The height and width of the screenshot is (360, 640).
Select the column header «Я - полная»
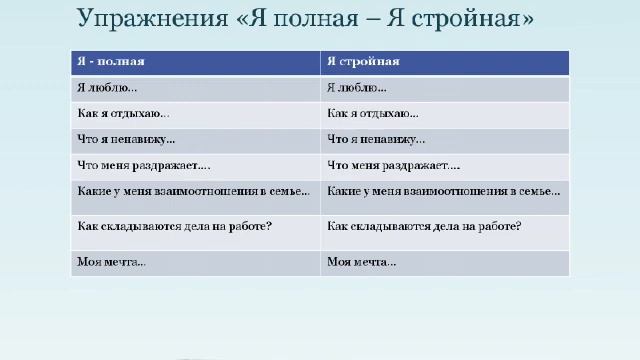pos(111,61)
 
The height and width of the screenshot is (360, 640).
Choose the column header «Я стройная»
pos(363,61)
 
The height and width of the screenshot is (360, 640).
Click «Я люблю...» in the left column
pos(107,88)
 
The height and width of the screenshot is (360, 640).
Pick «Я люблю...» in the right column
pos(357,88)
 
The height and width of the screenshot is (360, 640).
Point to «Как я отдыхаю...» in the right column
pos(373,114)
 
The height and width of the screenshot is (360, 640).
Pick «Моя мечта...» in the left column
pos(111,262)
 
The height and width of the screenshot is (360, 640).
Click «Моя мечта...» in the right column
pos(361,262)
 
